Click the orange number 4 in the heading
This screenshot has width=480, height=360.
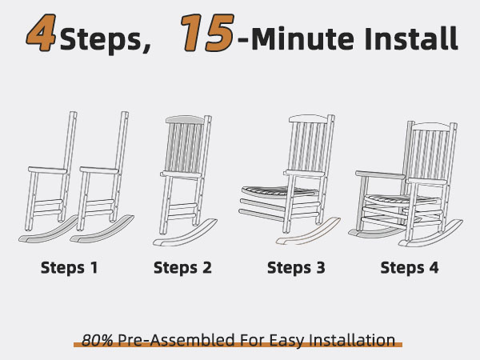click(x=42, y=33)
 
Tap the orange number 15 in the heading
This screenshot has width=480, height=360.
click(x=207, y=33)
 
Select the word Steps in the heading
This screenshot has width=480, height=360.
click(x=106, y=40)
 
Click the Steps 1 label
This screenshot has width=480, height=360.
click(x=70, y=267)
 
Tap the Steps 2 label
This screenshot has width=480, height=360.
click(x=182, y=267)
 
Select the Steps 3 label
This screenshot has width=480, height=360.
click(x=296, y=267)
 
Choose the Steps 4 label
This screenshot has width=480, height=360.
click(x=410, y=267)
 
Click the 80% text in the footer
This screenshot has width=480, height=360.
click(x=98, y=340)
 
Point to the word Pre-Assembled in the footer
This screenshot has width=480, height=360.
click(x=177, y=340)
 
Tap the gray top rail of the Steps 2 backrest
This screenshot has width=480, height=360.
click(x=185, y=120)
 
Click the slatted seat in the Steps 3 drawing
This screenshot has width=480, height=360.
click(x=278, y=191)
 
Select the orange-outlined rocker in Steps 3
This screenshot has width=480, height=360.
click(x=308, y=231)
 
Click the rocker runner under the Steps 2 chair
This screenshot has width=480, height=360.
click(x=186, y=234)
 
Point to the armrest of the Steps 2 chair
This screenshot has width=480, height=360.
click(x=182, y=174)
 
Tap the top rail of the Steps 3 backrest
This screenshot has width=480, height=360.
click(x=309, y=118)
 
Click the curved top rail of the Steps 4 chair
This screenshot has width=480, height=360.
click(x=432, y=126)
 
